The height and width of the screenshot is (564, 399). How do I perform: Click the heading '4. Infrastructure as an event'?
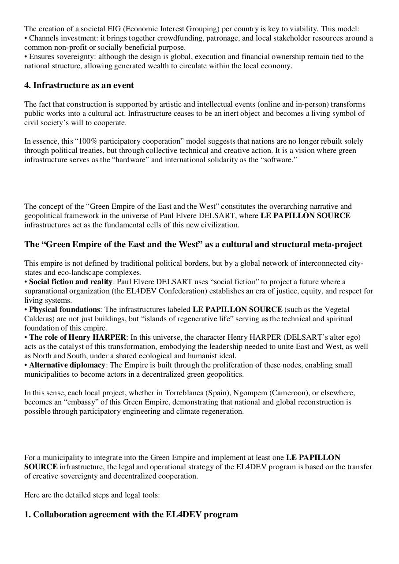[79, 85]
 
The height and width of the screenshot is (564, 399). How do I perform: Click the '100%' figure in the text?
[66, 141]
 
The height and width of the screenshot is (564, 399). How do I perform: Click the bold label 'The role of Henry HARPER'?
[78, 338]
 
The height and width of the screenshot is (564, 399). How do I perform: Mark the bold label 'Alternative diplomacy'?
[67, 365]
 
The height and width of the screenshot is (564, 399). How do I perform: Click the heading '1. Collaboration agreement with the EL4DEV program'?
[131, 515]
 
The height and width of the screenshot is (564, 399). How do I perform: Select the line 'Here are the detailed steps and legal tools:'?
[92, 495]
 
